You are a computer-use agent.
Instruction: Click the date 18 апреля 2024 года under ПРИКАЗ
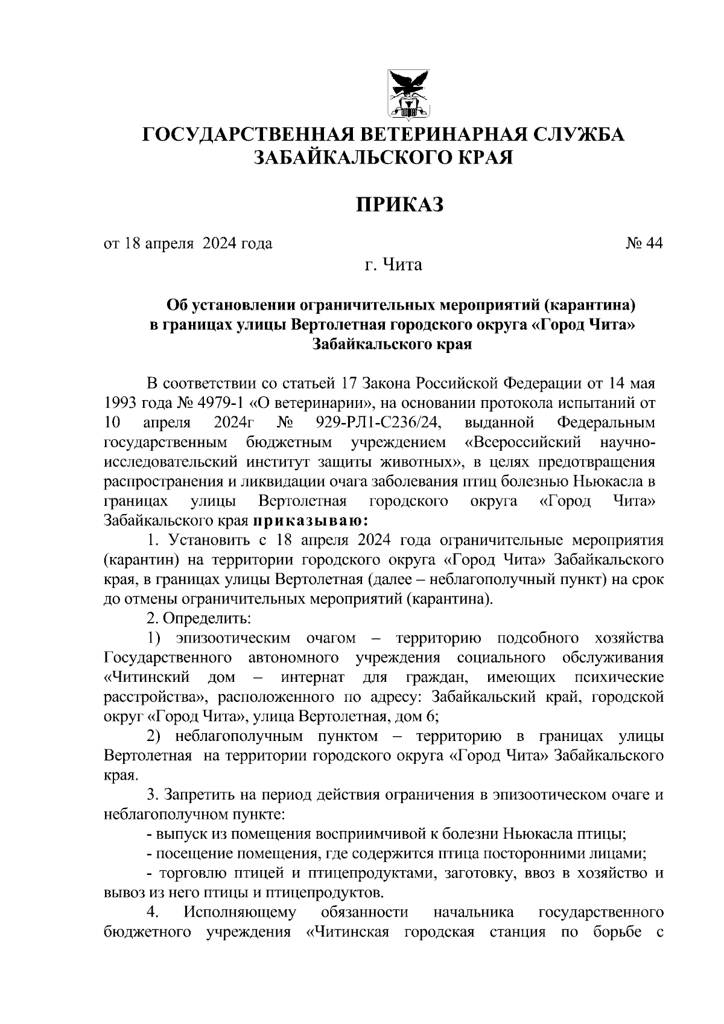click(198, 244)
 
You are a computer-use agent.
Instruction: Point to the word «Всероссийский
click(523, 442)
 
